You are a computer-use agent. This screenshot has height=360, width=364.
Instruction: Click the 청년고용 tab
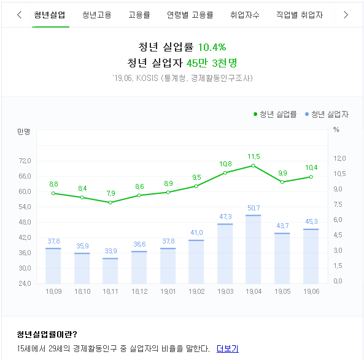(97, 15)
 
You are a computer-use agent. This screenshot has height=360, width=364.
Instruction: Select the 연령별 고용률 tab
(190, 15)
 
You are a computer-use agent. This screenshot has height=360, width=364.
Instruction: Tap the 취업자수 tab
(245, 15)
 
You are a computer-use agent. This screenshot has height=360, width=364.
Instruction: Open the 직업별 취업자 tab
(300, 15)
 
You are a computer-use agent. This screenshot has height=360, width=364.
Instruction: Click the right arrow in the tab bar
(346, 15)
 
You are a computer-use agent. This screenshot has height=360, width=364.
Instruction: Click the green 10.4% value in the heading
(212, 47)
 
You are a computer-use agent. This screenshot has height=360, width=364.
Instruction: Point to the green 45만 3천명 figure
(212, 62)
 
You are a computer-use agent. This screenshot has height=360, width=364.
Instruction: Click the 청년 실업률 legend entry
(275, 114)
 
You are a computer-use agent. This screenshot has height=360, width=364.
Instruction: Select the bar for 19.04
(254, 249)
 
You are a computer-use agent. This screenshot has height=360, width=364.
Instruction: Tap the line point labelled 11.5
(254, 166)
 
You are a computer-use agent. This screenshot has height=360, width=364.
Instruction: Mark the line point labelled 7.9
(110, 202)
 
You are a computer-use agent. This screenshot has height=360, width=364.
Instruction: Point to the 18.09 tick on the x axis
(53, 291)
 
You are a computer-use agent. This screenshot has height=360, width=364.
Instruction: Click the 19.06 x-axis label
(311, 291)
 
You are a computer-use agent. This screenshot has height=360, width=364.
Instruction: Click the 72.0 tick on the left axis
(25, 161)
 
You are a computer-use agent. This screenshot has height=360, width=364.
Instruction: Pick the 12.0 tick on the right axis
(339, 159)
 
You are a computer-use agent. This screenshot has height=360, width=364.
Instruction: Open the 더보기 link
(227, 348)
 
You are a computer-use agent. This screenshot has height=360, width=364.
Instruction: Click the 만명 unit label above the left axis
(24, 131)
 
